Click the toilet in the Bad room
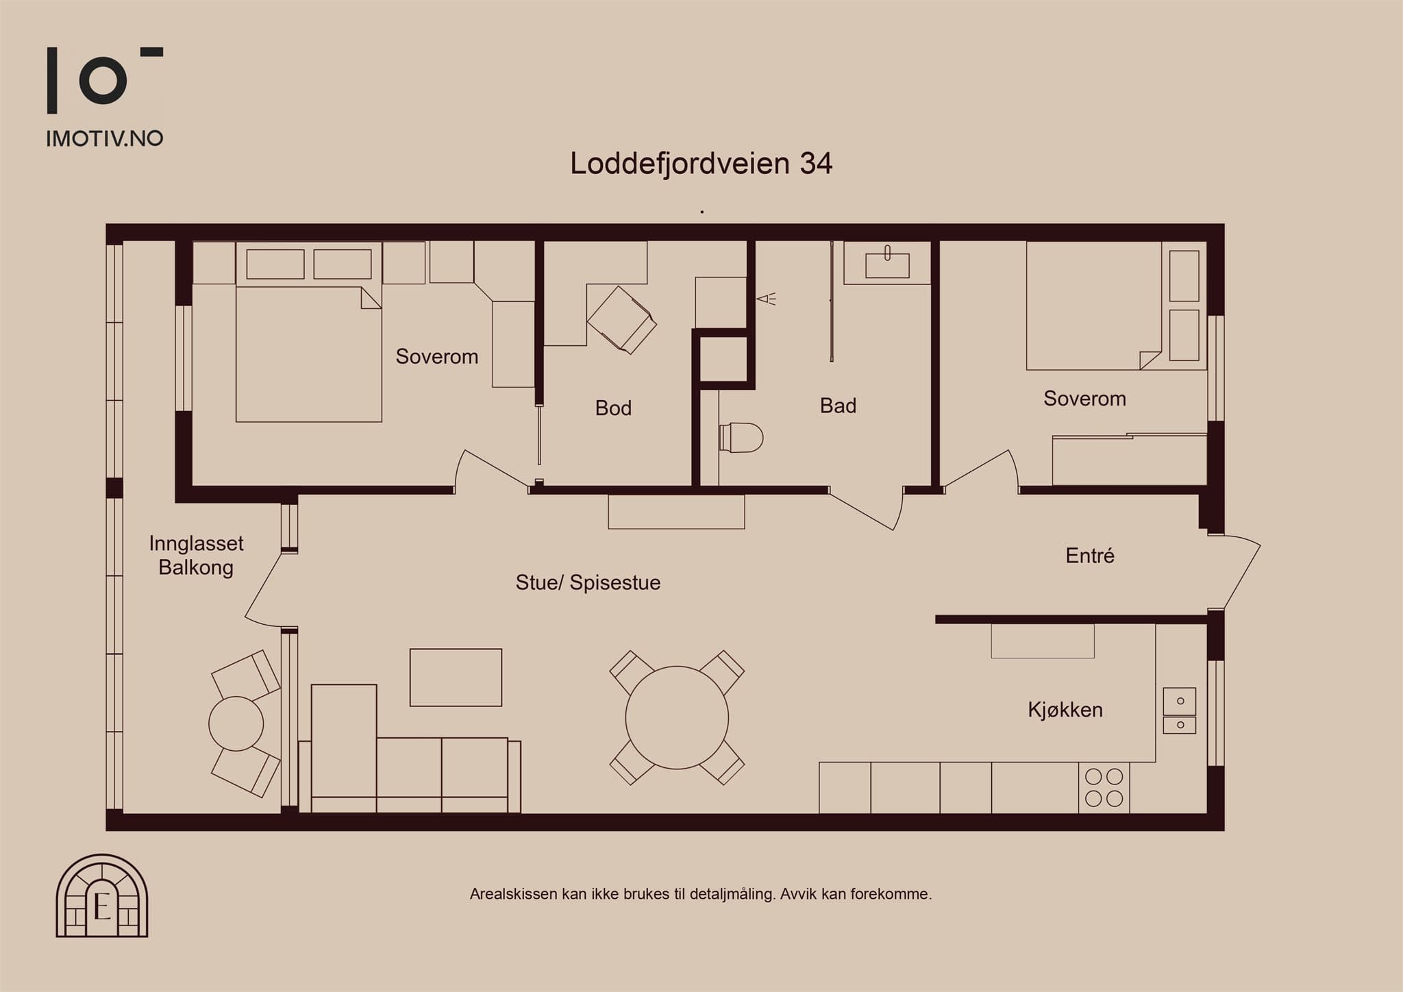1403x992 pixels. [x=741, y=438]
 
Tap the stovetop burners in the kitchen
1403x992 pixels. [x=1104, y=787]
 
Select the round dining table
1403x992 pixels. [x=677, y=717]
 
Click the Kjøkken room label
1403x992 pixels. [x=1065, y=710]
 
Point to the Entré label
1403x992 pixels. [x=1090, y=556]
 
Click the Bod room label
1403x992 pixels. [x=613, y=408]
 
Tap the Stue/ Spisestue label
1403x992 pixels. [x=588, y=583]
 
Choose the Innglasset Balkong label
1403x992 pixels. [x=196, y=556]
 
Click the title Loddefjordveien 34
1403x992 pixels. [x=701, y=164]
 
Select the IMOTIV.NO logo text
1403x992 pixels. [x=105, y=138]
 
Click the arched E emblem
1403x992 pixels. [x=102, y=895]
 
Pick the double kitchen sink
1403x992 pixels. [x=1180, y=710]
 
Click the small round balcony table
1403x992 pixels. [x=236, y=723]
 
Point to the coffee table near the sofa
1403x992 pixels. [x=456, y=678]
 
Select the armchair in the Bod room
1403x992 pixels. [x=622, y=320]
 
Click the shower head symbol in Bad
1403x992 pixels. [x=767, y=299]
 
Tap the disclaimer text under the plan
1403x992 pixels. [x=701, y=894]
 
